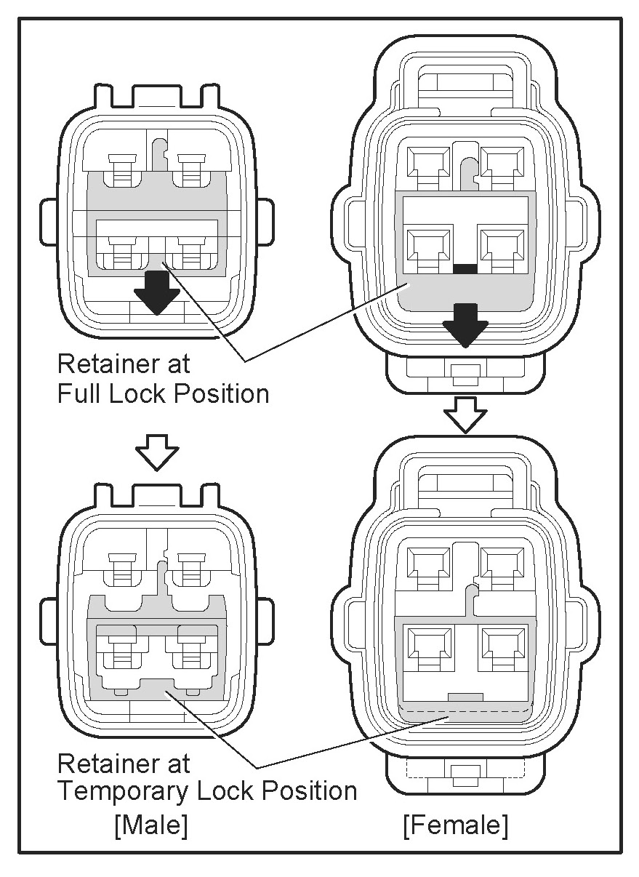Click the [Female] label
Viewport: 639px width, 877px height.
coord(456,825)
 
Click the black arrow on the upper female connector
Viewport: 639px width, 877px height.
coord(466,324)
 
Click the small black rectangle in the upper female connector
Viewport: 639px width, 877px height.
coord(465,269)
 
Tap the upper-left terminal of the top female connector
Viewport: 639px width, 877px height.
coord(428,165)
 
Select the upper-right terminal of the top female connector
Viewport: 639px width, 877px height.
coord(502,165)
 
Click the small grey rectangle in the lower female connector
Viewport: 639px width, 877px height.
coord(465,697)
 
